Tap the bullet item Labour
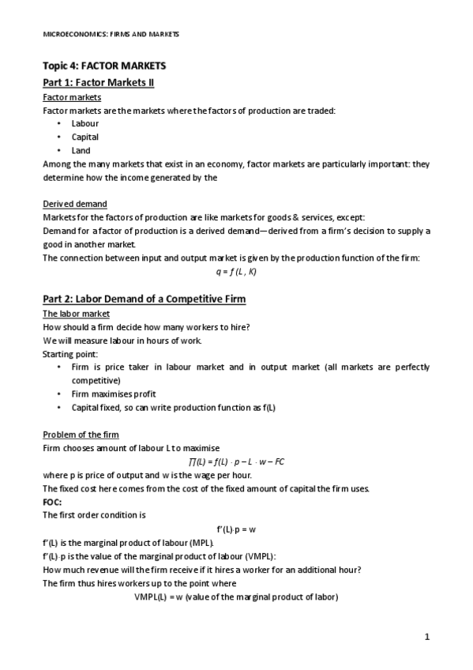pos(84,124)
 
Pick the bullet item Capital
pos(84,137)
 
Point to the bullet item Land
pos(81,150)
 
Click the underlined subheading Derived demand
pos(74,204)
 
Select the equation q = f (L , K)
pos(235,271)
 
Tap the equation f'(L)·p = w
pos(236,529)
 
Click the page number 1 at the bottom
pos(427,638)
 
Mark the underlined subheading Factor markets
pos(71,97)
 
